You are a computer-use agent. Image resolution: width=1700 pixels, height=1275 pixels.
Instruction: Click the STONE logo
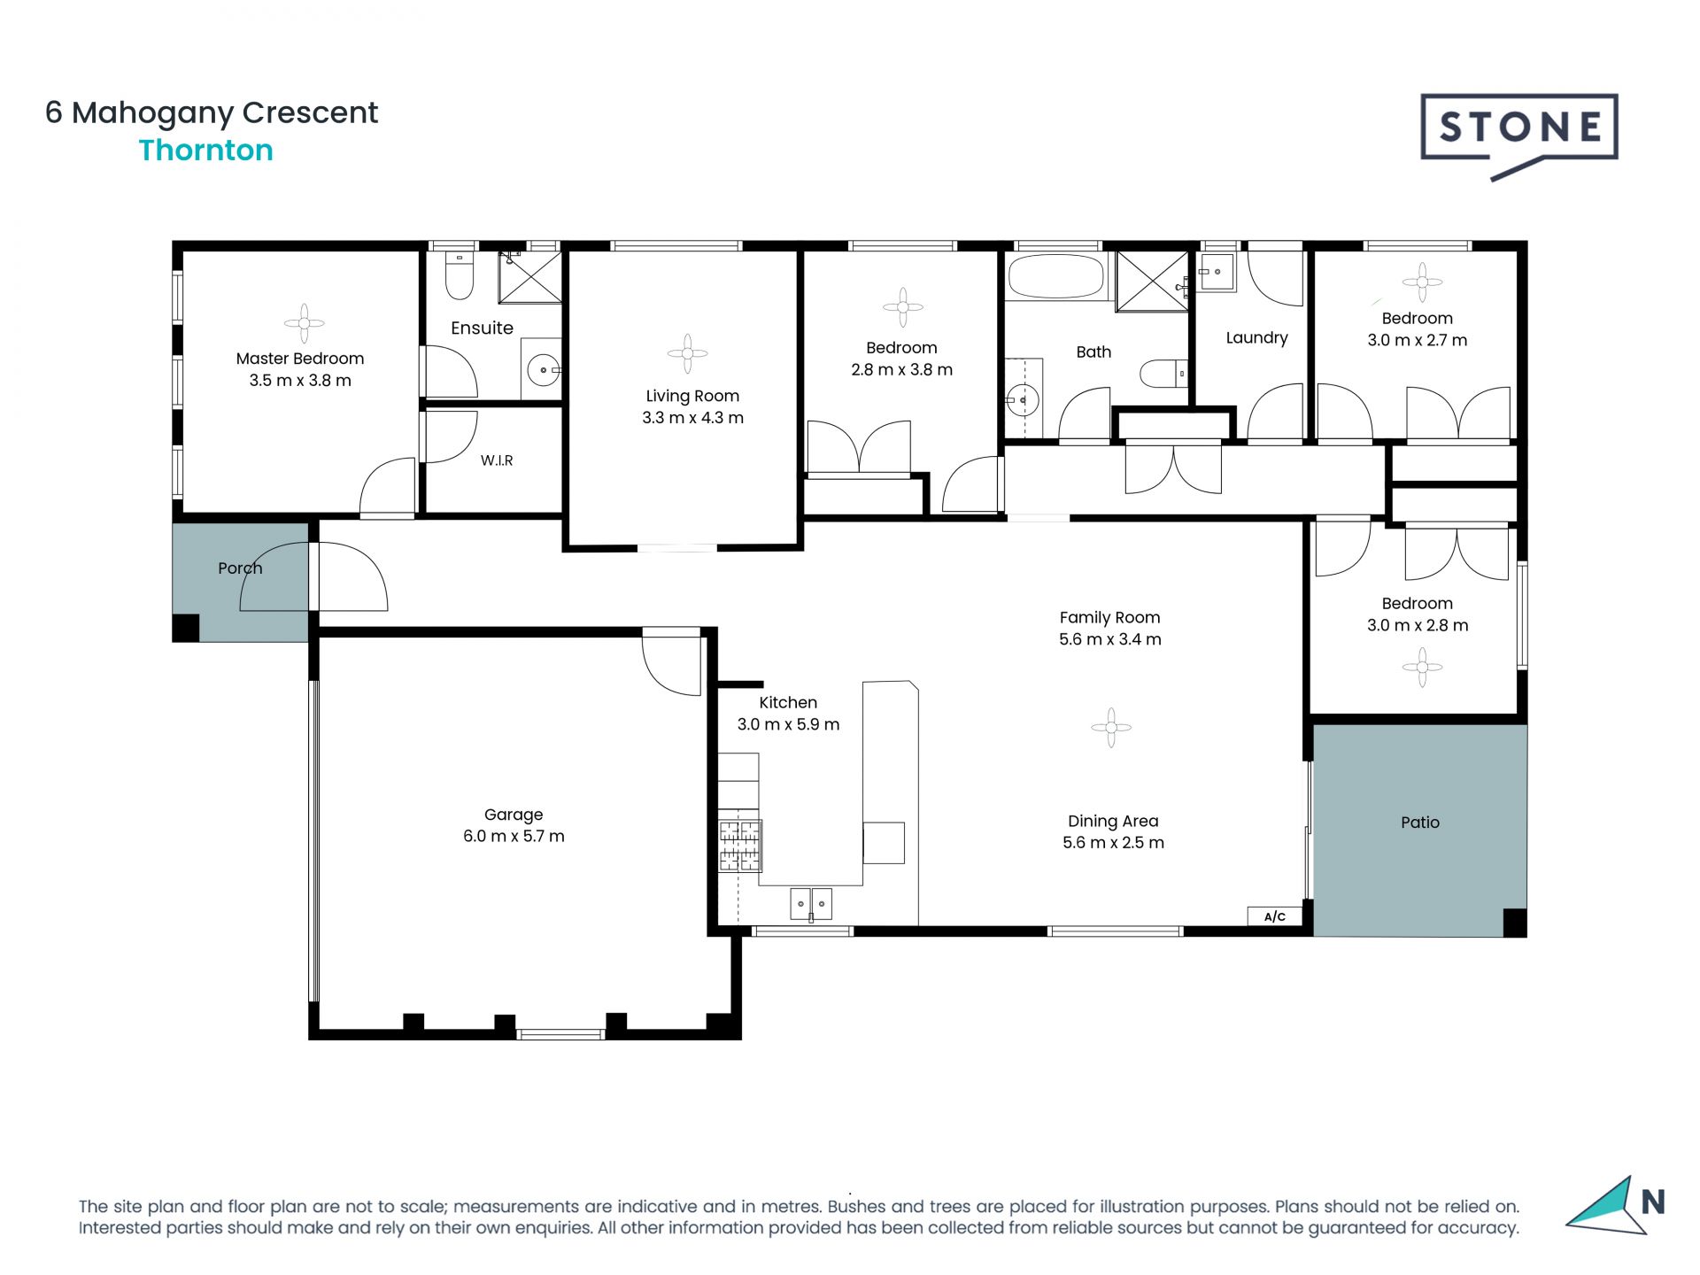(x=1518, y=133)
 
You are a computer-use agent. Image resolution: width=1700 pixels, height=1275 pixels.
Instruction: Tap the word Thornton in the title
(x=205, y=151)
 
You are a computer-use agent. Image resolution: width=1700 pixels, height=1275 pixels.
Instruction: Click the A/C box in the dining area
(x=1274, y=916)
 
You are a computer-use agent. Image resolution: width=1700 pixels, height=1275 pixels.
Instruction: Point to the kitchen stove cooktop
(x=739, y=846)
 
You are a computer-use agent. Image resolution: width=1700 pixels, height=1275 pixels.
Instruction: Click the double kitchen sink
(x=810, y=904)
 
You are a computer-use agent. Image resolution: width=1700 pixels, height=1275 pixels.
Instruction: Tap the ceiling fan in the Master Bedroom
(x=304, y=323)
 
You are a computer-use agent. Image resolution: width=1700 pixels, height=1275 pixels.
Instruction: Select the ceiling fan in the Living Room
(x=687, y=353)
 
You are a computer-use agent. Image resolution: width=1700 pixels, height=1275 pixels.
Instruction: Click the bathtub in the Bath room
(x=1056, y=277)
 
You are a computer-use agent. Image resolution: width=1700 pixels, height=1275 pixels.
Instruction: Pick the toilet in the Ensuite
(x=459, y=277)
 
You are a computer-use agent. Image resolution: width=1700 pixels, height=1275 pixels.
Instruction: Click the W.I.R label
(x=497, y=460)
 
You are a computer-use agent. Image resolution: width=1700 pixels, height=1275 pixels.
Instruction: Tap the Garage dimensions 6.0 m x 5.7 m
(x=514, y=836)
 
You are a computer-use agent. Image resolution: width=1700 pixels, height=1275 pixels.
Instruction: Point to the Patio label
(x=1420, y=823)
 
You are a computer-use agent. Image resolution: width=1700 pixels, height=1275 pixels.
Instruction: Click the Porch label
(x=240, y=568)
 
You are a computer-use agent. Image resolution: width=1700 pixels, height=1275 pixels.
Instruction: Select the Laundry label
(x=1256, y=337)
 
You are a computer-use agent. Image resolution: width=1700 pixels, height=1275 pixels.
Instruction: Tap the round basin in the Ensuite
(x=543, y=369)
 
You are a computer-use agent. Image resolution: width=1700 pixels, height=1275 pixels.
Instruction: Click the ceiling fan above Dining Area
(x=1110, y=728)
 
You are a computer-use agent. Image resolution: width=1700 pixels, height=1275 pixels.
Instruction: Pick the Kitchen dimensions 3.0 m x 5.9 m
(x=788, y=724)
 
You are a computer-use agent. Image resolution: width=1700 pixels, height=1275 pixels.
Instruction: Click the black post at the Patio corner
(x=1514, y=923)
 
